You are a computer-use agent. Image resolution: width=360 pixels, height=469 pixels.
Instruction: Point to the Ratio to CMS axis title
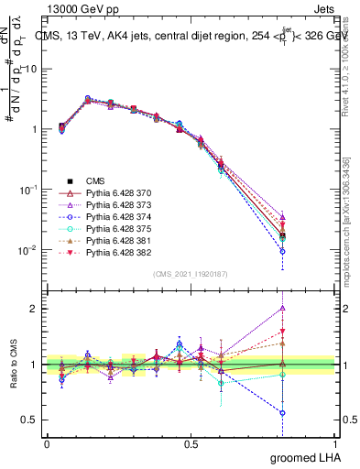click(13, 365)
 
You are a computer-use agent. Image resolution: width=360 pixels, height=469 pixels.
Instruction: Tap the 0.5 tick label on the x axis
click(191, 443)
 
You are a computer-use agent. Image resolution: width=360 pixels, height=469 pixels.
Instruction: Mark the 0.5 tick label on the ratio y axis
click(28, 420)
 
